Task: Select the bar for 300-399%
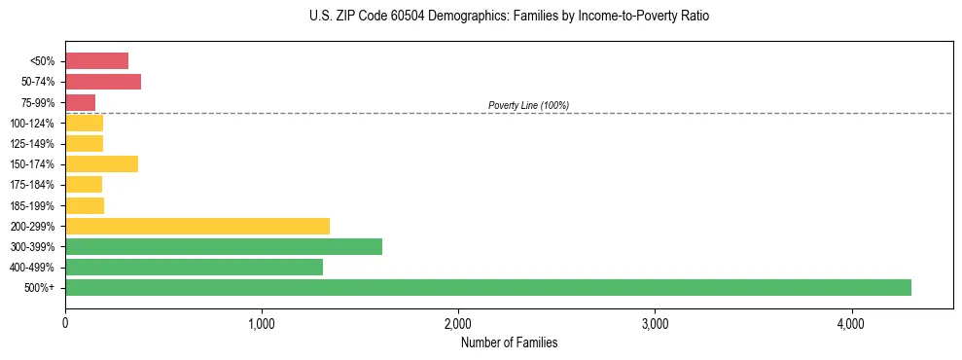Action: (x=224, y=246)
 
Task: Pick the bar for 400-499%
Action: (x=194, y=267)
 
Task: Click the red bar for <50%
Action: (x=96, y=60)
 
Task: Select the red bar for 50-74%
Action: (x=103, y=82)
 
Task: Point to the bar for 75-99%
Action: (x=80, y=102)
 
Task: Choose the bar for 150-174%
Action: (x=101, y=163)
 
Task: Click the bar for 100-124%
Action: (x=84, y=123)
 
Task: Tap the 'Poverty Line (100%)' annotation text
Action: (x=528, y=105)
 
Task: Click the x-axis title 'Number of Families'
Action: (x=509, y=342)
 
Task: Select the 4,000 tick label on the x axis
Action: (x=851, y=323)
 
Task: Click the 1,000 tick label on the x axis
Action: (x=262, y=323)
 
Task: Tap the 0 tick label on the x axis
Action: (x=65, y=323)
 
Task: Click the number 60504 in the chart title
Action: (x=398, y=17)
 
